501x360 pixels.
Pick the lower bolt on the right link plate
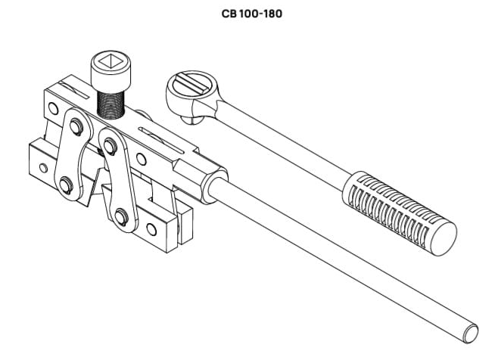click(x=122, y=220)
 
